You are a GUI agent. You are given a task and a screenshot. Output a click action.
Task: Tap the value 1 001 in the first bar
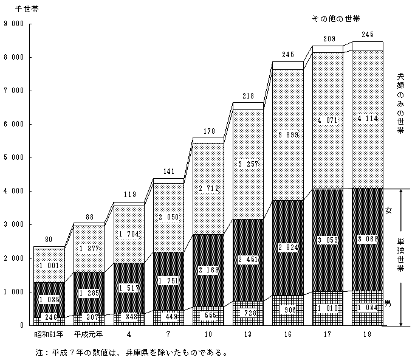49,265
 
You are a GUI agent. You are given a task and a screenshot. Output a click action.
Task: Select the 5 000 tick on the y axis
14,158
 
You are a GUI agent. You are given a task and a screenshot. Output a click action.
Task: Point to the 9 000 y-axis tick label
14,24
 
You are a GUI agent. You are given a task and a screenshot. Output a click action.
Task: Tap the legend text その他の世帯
335,19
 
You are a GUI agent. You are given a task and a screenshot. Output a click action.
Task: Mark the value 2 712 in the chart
208,189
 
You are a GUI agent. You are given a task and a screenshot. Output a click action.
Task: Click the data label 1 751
168,280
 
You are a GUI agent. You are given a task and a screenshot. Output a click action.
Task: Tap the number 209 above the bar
328,38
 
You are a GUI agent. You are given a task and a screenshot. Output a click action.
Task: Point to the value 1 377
89,248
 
